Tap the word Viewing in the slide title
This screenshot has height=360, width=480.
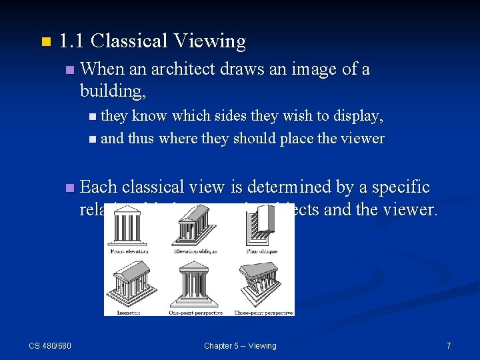(209, 41)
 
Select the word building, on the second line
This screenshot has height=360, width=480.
(113, 90)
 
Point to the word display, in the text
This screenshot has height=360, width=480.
(359, 116)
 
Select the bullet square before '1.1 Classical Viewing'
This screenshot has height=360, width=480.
(45, 42)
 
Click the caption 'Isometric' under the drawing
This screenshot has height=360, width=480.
(129, 312)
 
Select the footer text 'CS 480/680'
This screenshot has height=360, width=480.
(50, 345)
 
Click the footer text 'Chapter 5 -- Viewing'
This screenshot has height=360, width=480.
(240, 345)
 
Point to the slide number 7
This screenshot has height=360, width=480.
(449, 345)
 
